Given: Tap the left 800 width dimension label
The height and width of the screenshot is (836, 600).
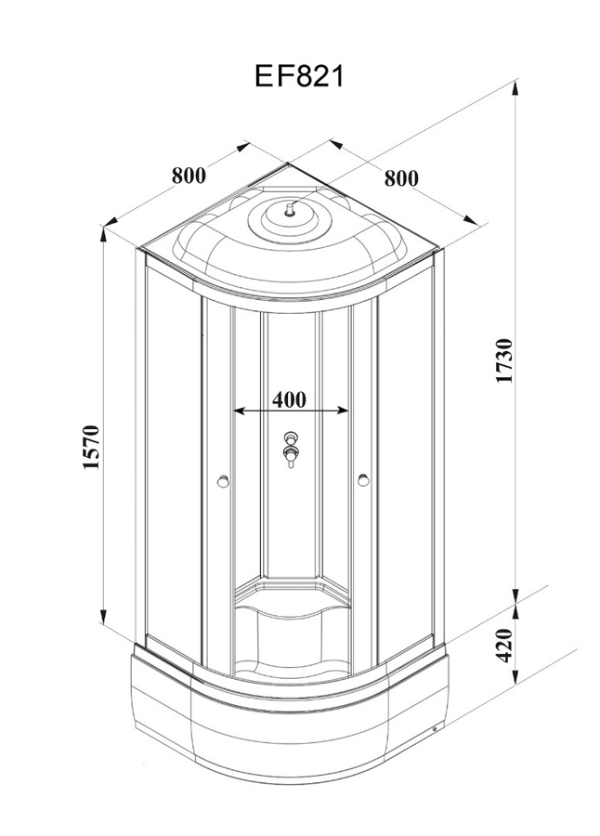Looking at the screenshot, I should click(189, 174).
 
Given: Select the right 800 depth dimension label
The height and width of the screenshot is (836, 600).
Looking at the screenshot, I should click(400, 176).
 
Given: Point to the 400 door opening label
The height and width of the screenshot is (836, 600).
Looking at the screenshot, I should click(290, 399).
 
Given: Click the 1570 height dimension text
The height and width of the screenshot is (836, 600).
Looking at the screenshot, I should click(90, 448).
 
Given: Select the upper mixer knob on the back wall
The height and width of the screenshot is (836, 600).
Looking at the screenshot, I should click(291, 438).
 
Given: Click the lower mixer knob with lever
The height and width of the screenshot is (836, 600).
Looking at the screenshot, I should click(291, 455).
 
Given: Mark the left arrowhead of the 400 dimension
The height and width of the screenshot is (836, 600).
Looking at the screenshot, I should click(237, 410).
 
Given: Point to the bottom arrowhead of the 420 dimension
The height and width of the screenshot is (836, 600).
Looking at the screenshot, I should click(515, 682).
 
